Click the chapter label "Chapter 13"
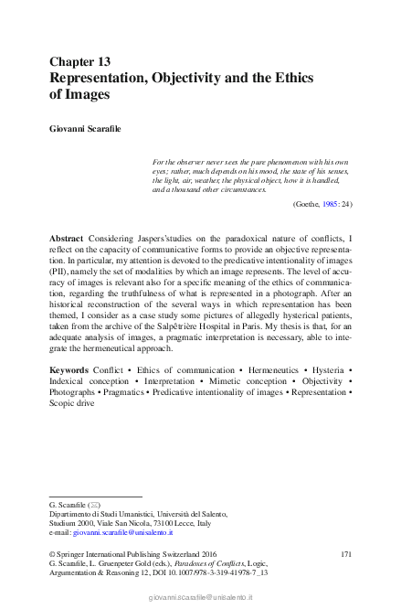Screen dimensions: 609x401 [x=79, y=61]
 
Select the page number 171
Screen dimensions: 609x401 [x=345, y=554]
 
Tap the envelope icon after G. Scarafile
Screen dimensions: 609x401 [x=95, y=505]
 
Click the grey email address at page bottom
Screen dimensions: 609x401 [x=200, y=596]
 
